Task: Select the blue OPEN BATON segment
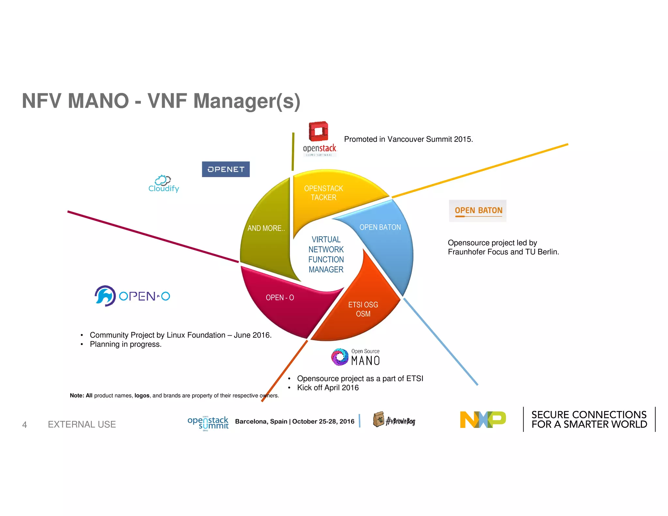385,238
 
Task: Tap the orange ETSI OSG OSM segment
362,310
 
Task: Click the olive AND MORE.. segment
266,235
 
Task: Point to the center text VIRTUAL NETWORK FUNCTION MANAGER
326,254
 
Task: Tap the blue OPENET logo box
226,169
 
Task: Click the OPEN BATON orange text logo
478,211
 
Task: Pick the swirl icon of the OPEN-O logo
105,296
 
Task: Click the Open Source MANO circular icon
340,357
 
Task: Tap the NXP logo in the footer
482,419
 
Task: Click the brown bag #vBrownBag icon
378,419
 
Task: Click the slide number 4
24,424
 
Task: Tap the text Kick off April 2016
327,387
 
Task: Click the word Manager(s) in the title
247,101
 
